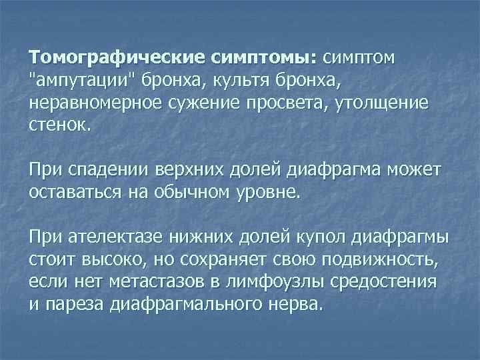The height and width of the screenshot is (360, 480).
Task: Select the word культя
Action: point(244,81)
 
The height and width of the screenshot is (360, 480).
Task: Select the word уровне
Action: point(267,194)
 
